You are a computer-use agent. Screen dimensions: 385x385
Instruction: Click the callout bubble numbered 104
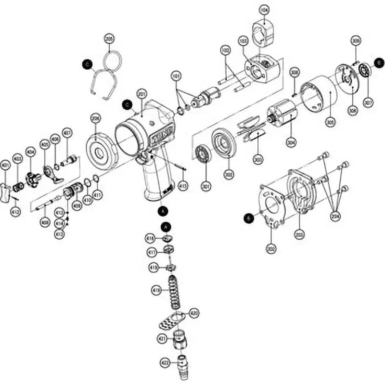(x=264, y=9)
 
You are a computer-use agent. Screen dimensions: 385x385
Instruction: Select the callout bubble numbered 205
(x=109, y=40)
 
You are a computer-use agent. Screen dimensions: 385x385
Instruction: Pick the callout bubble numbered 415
(x=183, y=185)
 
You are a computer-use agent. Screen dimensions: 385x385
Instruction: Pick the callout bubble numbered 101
(x=177, y=76)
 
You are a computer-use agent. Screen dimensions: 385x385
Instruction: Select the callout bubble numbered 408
(x=77, y=206)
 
